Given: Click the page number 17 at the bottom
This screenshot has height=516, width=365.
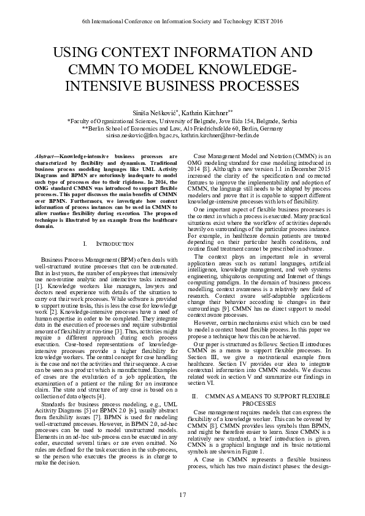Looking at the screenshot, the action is coord(182,495).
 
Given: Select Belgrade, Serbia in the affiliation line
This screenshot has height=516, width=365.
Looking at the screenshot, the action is coord(279,121).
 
